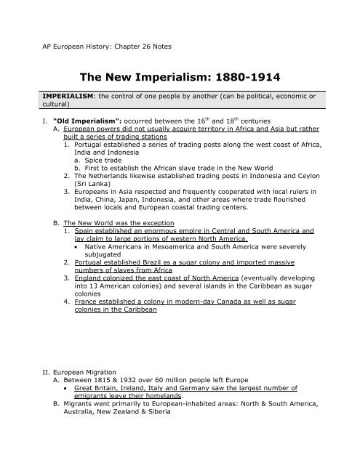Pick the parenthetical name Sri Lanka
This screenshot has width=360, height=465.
[x=90, y=193]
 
